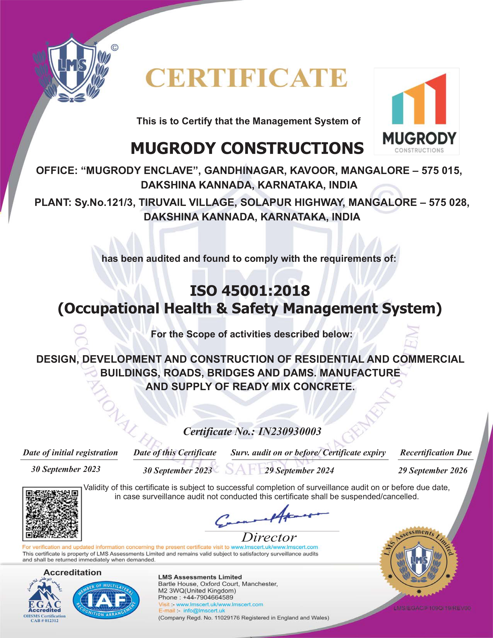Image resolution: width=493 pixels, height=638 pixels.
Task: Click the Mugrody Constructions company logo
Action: point(416,111)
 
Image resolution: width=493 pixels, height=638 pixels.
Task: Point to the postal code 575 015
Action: point(441,171)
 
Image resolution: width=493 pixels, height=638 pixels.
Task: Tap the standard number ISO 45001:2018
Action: point(250,291)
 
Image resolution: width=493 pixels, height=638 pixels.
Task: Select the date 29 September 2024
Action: point(299,471)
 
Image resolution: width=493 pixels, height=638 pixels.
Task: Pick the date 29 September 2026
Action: point(432,471)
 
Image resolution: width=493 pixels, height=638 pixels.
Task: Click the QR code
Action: point(52,514)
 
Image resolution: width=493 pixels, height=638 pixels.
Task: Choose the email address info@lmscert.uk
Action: point(204,611)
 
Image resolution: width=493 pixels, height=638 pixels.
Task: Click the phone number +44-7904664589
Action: point(208,597)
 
